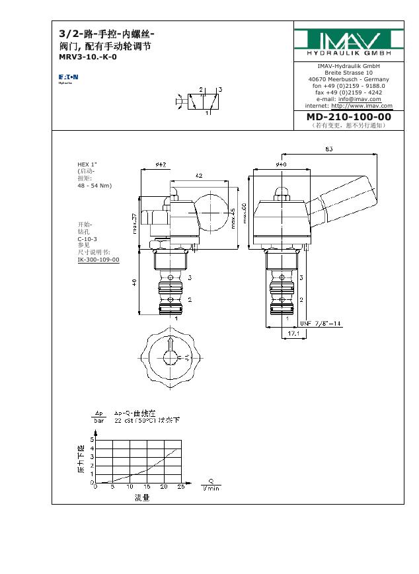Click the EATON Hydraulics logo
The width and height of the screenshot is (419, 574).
tap(68, 78)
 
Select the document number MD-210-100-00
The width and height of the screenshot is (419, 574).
tap(348, 117)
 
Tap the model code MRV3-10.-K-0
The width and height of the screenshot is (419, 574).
tap(88, 57)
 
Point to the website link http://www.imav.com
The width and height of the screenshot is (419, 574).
tap(362, 106)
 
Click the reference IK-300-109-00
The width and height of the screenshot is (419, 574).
tap(98, 260)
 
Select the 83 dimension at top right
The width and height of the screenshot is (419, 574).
tap(328, 149)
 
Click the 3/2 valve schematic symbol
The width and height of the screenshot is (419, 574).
tap(201, 100)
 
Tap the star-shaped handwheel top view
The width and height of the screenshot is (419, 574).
tap(171, 357)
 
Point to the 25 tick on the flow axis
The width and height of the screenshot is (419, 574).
tap(181, 487)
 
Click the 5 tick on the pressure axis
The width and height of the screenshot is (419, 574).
tap(92, 439)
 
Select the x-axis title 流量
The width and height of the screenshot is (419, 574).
tap(142, 497)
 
